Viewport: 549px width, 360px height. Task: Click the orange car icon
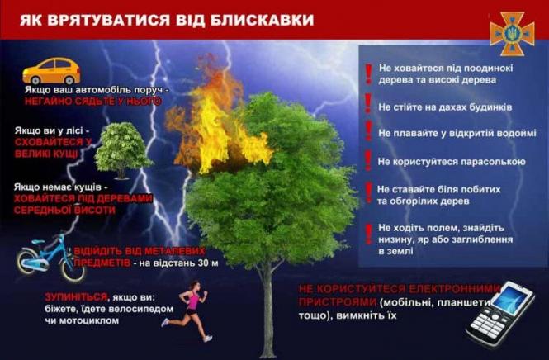51,69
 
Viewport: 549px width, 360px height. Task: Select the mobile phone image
499,311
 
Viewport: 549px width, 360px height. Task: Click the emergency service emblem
512,33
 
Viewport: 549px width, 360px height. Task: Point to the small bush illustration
123,149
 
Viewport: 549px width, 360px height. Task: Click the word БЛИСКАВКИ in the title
265,19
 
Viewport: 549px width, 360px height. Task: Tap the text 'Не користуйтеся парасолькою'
452,161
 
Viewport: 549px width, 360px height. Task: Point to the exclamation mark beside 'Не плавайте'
367,131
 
